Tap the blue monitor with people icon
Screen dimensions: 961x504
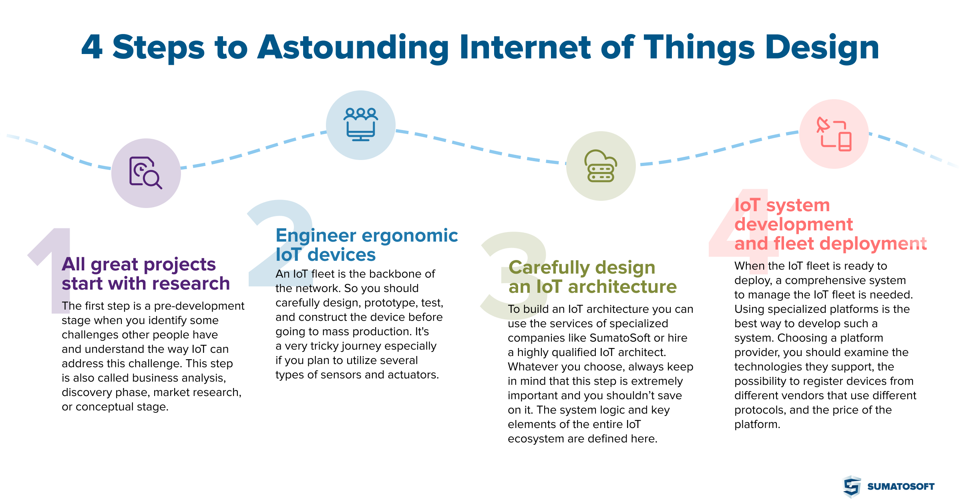(x=361, y=124)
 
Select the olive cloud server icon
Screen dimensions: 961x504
(x=601, y=166)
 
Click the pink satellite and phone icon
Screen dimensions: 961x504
(x=834, y=134)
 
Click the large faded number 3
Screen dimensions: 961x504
(x=513, y=276)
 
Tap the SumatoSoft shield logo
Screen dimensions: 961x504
(x=852, y=487)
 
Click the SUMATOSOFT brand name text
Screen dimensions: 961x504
(x=901, y=486)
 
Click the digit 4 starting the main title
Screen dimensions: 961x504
(x=92, y=47)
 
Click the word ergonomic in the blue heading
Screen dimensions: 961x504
(x=410, y=236)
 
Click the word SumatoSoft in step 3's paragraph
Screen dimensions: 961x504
(x=620, y=338)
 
